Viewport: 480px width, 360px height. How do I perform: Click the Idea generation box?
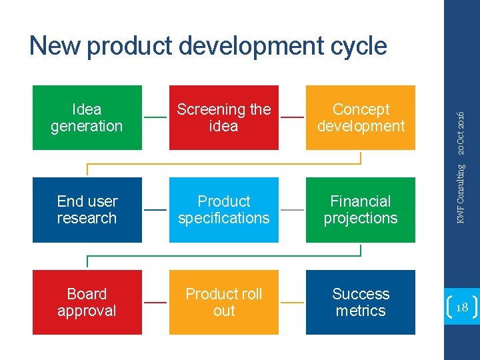pyautogui.click(x=87, y=117)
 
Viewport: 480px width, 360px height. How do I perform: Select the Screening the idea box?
pyautogui.click(x=224, y=117)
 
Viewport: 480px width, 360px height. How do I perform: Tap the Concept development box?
pyautogui.click(x=361, y=117)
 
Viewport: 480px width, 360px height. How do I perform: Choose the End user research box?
pyautogui.click(x=87, y=209)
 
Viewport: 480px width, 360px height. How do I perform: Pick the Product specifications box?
pyautogui.click(x=224, y=209)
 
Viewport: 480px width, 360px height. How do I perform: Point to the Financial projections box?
pyautogui.click(x=361, y=209)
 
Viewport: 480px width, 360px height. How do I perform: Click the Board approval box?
pyautogui.click(x=87, y=302)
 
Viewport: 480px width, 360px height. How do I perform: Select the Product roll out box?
pyautogui.click(x=224, y=302)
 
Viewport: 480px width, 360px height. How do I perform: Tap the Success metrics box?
pyautogui.click(x=361, y=302)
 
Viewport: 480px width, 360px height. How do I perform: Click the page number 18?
pyautogui.click(x=461, y=307)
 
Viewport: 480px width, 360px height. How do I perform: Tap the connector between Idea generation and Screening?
pyautogui.click(x=155, y=117)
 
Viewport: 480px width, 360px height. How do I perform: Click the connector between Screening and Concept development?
pyautogui.click(x=292, y=117)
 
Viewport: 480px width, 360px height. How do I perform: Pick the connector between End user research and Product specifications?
pyautogui.click(x=155, y=209)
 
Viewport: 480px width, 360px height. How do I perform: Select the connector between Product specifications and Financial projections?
pyautogui.click(x=292, y=209)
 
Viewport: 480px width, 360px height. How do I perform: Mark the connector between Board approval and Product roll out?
pyautogui.click(x=155, y=302)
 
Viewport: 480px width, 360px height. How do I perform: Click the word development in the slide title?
pyautogui.click(x=256, y=46)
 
